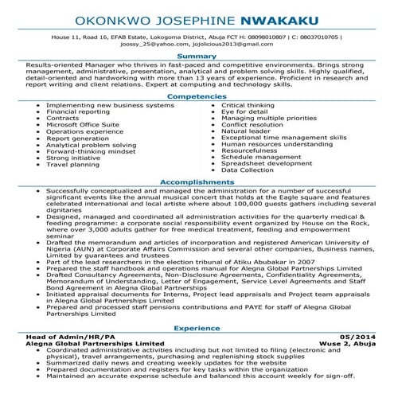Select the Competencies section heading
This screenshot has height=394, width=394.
[197, 97]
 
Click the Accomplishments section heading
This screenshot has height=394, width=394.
[197, 182]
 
